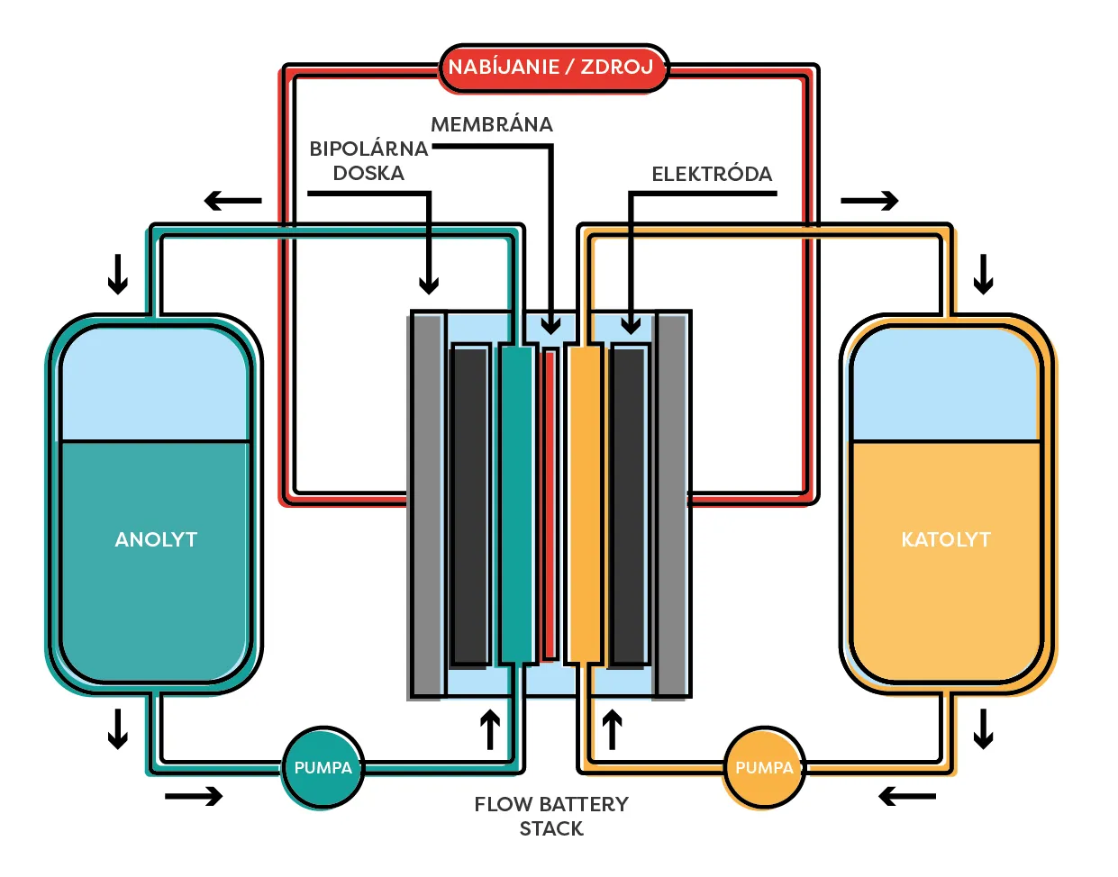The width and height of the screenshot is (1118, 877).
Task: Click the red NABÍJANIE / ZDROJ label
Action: pyautogui.click(x=553, y=68)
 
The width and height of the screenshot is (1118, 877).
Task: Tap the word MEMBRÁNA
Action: pyautogui.click(x=492, y=125)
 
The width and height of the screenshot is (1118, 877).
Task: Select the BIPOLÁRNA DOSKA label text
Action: pyautogui.click(x=368, y=161)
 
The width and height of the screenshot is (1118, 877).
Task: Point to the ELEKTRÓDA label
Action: pyautogui.click(x=712, y=175)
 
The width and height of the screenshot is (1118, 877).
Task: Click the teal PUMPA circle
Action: pyautogui.click(x=323, y=768)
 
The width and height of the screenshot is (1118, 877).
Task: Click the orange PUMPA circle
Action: pyautogui.click(x=764, y=768)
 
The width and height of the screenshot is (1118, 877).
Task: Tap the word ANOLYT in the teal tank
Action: pyautogui.click(x=156, y=539)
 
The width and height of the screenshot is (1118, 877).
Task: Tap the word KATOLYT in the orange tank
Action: pyautogui.click(x=946, y=539)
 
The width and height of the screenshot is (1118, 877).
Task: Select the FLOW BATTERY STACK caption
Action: pyautogui.click(x=551, y=816)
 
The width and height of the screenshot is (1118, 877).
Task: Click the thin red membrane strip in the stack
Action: pyautogui.click(x=550, y=504)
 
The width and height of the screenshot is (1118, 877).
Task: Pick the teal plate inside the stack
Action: pyautogui.click(x=516, y=504)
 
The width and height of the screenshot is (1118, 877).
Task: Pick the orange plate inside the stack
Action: pyautogui.click(x=584, y=504)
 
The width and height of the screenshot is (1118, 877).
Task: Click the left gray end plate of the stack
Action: pyautogui.click(x=427, y=504)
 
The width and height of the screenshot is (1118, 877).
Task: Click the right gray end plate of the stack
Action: pyautogui.click(x=671, y=504)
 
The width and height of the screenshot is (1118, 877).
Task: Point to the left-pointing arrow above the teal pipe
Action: pyautogui.click(x=232, y=201)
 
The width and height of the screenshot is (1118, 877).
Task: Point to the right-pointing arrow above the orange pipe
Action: pyautogui.click(x=869, y=201)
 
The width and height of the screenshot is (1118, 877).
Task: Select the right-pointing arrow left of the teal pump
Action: pyautogui.click(x=194, y=796)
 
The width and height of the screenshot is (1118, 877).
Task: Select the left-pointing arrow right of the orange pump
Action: pyautogui.click(x=907, y=796)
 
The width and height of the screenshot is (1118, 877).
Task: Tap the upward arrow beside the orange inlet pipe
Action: pyautogui.click(x=613, y=729)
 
